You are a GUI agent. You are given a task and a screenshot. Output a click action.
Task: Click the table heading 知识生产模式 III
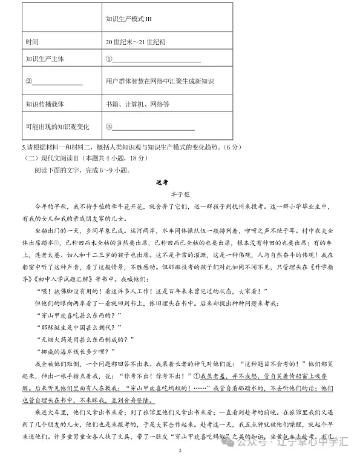(x=128, y=19)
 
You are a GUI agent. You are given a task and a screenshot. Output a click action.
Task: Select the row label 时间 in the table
(x=32, y=42)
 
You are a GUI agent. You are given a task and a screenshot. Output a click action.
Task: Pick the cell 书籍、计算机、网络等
(x=137, y=104)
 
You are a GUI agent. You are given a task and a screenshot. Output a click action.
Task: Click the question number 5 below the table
(x=22, y=147)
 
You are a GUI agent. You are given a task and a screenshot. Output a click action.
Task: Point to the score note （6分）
(x=229, y=147)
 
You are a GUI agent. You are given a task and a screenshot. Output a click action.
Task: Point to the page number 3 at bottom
(x=180, y=451)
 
